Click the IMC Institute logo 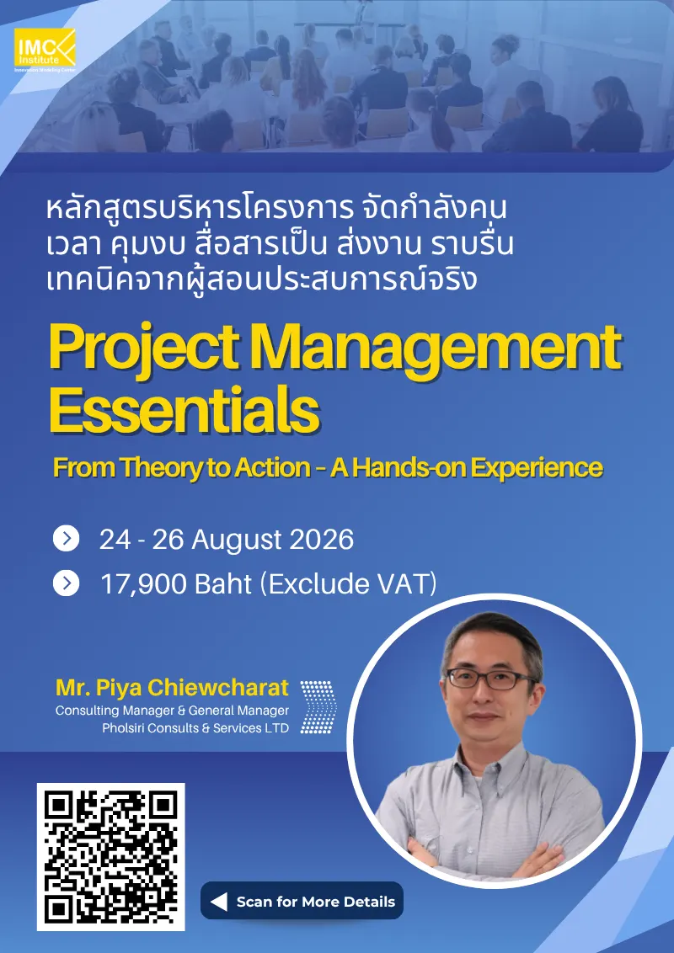click(45, 50)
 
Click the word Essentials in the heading click(185, 411)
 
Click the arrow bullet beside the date click(67, 539)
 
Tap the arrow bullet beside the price click(67, 583)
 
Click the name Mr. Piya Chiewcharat click(172, 688)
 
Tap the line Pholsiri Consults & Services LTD click(195, 727)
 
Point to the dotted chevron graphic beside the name click(318, 706)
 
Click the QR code click(110, 856)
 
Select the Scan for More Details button click(302, 901)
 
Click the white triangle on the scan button click(219, 902)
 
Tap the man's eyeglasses click(490, 679)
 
